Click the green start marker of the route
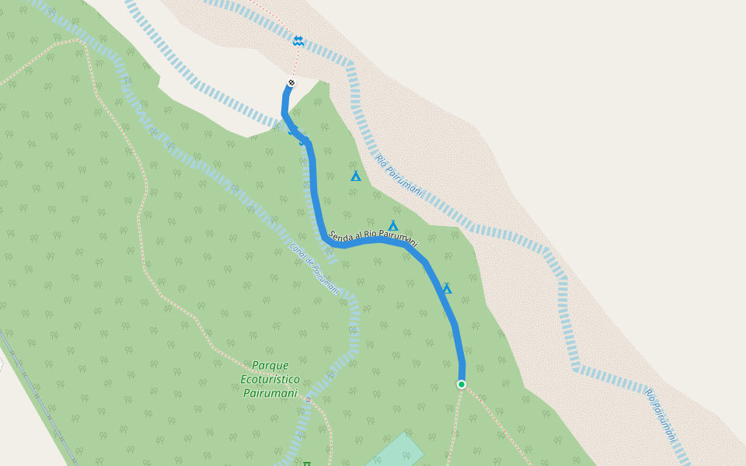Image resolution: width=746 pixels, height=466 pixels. click(x=461, y=384)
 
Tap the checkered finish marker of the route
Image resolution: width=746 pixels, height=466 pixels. click(x=291, y=82)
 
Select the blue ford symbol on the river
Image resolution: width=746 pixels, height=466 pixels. click(x=298, y=40)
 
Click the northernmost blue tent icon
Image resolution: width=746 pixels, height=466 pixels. click(x=355, y=176)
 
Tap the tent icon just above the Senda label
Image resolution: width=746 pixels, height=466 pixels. click(x=393, y=226)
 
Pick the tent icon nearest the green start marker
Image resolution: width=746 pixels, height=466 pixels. click(x=447, y=289)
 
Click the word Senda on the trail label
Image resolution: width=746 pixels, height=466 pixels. click(x=342, y=235)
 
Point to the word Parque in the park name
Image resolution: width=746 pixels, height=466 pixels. click(x=270, y=365)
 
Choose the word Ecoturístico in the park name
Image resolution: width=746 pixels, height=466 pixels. click(x=270, y=379)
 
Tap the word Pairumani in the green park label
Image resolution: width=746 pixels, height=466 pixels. click(x=270, y=393)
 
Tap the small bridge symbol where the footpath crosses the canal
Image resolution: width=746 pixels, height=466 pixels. click(x=308, y=400)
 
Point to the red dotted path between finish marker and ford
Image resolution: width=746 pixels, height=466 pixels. click(x=295, y=62)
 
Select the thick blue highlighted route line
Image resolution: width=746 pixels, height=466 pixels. click(x=314, y=186)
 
